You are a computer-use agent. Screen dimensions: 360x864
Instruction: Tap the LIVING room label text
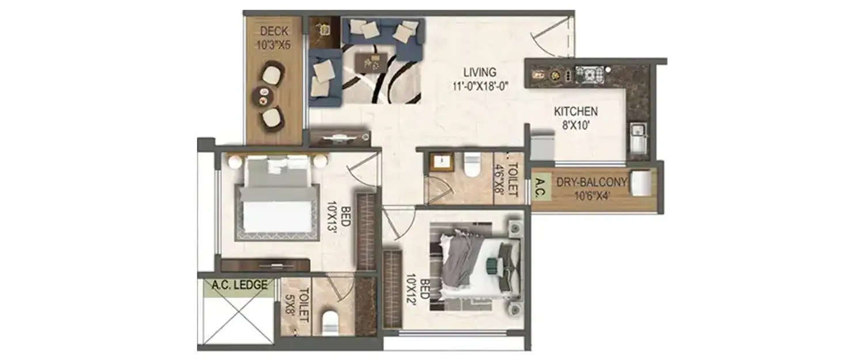(480, 73)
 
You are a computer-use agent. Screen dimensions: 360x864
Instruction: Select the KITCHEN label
(575, 111)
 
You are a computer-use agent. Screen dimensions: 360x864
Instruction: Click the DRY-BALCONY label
(591, 183)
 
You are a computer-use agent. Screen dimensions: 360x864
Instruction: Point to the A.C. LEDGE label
(239, 285)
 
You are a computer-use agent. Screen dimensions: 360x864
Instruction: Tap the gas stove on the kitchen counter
(589, 74)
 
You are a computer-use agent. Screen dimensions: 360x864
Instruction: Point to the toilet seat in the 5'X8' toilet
(331, 323)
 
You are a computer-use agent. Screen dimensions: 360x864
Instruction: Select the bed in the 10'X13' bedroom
(278, 199)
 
